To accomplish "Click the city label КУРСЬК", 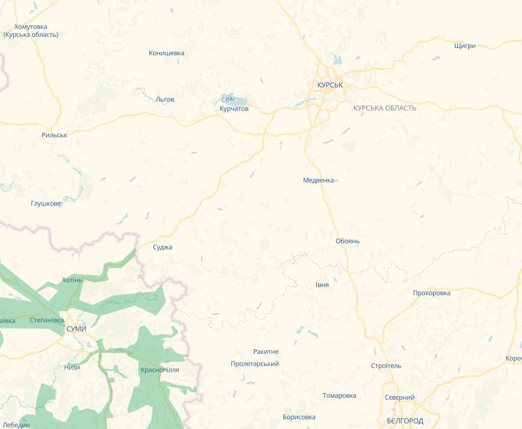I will click(330, 85).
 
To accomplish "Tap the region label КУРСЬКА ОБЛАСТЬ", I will click(384, 108).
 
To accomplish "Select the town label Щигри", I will click(465, 46).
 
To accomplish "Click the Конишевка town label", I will click(166, 53).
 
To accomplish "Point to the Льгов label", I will click(165, 100).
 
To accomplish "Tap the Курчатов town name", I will click(234, 109).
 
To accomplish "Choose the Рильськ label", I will click(54, 136).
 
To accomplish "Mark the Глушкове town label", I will click(46, 204).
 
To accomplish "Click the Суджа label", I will click(162, 247).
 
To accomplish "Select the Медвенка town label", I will click(318, 181).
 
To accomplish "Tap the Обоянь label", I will click(347, 241).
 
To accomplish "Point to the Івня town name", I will click(322, 285).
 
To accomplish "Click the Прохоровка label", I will click(431, 293).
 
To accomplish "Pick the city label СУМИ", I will click(76, 329).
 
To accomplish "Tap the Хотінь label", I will click(71, 280).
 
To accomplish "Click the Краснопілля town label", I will click(160, 370).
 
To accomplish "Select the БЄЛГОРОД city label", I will click(405, 421).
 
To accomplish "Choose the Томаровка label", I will click(339, 396).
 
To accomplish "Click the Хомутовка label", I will click(31, 27).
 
